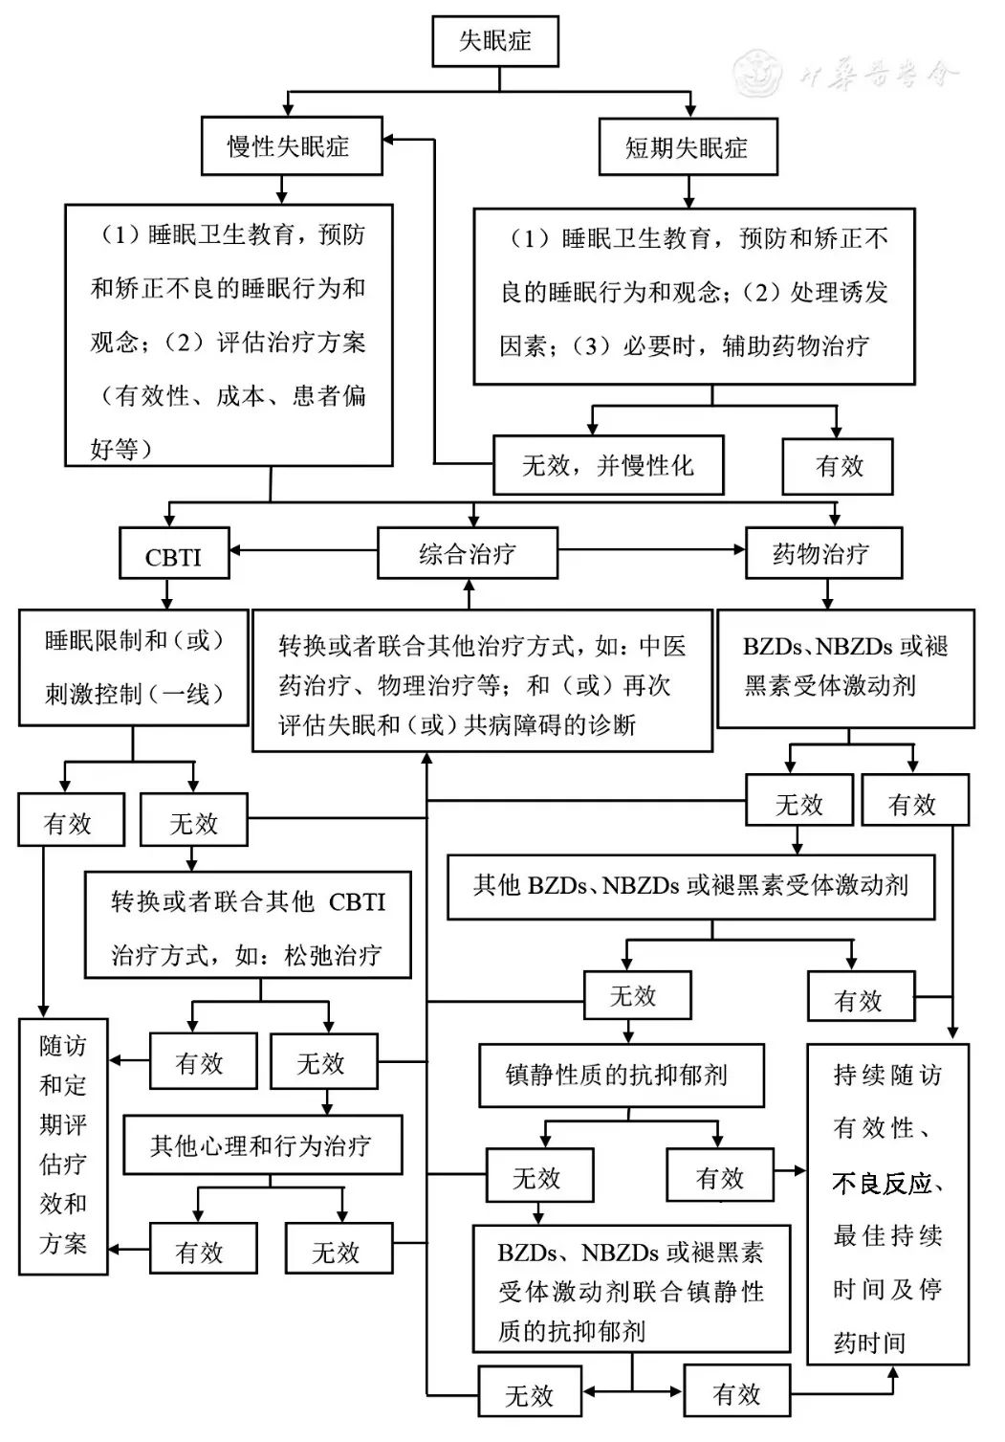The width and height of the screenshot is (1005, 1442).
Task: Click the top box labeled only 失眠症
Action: point(494,41)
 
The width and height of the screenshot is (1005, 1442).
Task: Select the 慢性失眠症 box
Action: point(292,145)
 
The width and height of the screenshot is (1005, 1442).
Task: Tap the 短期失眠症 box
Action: point(688,146)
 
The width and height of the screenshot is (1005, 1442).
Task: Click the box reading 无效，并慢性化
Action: point(608,465)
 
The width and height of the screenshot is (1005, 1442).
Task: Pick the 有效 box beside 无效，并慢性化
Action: point(837,466)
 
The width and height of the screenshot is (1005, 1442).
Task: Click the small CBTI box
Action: point(174,553)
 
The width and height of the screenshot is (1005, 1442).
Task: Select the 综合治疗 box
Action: point(467,552)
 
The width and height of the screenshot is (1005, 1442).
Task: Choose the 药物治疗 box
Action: point(823,552)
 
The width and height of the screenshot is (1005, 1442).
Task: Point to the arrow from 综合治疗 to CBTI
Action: point(304,550)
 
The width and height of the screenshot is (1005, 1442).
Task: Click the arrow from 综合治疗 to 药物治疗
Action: point(652,550)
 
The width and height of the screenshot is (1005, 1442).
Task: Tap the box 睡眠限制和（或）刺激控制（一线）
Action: point(133,668)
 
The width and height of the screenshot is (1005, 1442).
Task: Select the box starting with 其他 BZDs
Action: point(691,886)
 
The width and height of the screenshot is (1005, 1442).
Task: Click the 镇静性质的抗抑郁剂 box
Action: point(622,1076)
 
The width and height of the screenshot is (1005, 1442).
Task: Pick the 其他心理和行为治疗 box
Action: point(263,1144)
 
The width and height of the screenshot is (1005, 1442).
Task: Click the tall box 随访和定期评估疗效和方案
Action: point(63,1146)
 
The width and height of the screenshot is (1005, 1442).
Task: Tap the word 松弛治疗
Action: point(333,955)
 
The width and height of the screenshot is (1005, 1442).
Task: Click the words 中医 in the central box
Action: point(663,646)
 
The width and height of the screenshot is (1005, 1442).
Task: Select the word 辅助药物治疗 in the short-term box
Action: point(796,345)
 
